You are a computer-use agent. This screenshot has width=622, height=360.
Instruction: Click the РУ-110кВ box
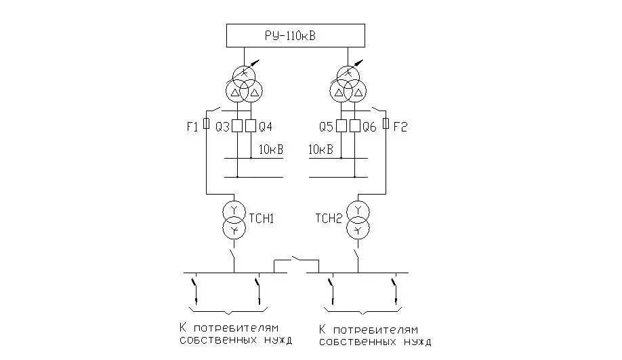[295, 35]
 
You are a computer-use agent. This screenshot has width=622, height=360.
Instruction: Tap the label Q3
[222, 126]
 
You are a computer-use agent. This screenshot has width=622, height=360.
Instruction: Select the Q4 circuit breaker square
[251, 126]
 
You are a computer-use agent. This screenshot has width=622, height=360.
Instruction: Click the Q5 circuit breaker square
[341, 126]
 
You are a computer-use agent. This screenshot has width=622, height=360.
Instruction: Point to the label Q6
[370, 126]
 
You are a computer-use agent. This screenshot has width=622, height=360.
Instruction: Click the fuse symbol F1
[206, 124]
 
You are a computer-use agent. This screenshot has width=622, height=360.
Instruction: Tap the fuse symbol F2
[386, 124]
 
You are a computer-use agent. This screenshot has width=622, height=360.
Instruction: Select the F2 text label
[401, 126]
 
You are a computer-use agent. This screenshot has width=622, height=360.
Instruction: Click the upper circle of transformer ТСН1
[234, 209]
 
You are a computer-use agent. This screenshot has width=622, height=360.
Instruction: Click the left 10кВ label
[270, 149]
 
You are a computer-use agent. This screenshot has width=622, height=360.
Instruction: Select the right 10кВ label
[320, 149]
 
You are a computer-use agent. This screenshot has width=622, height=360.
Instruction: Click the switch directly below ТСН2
[356, 258]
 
